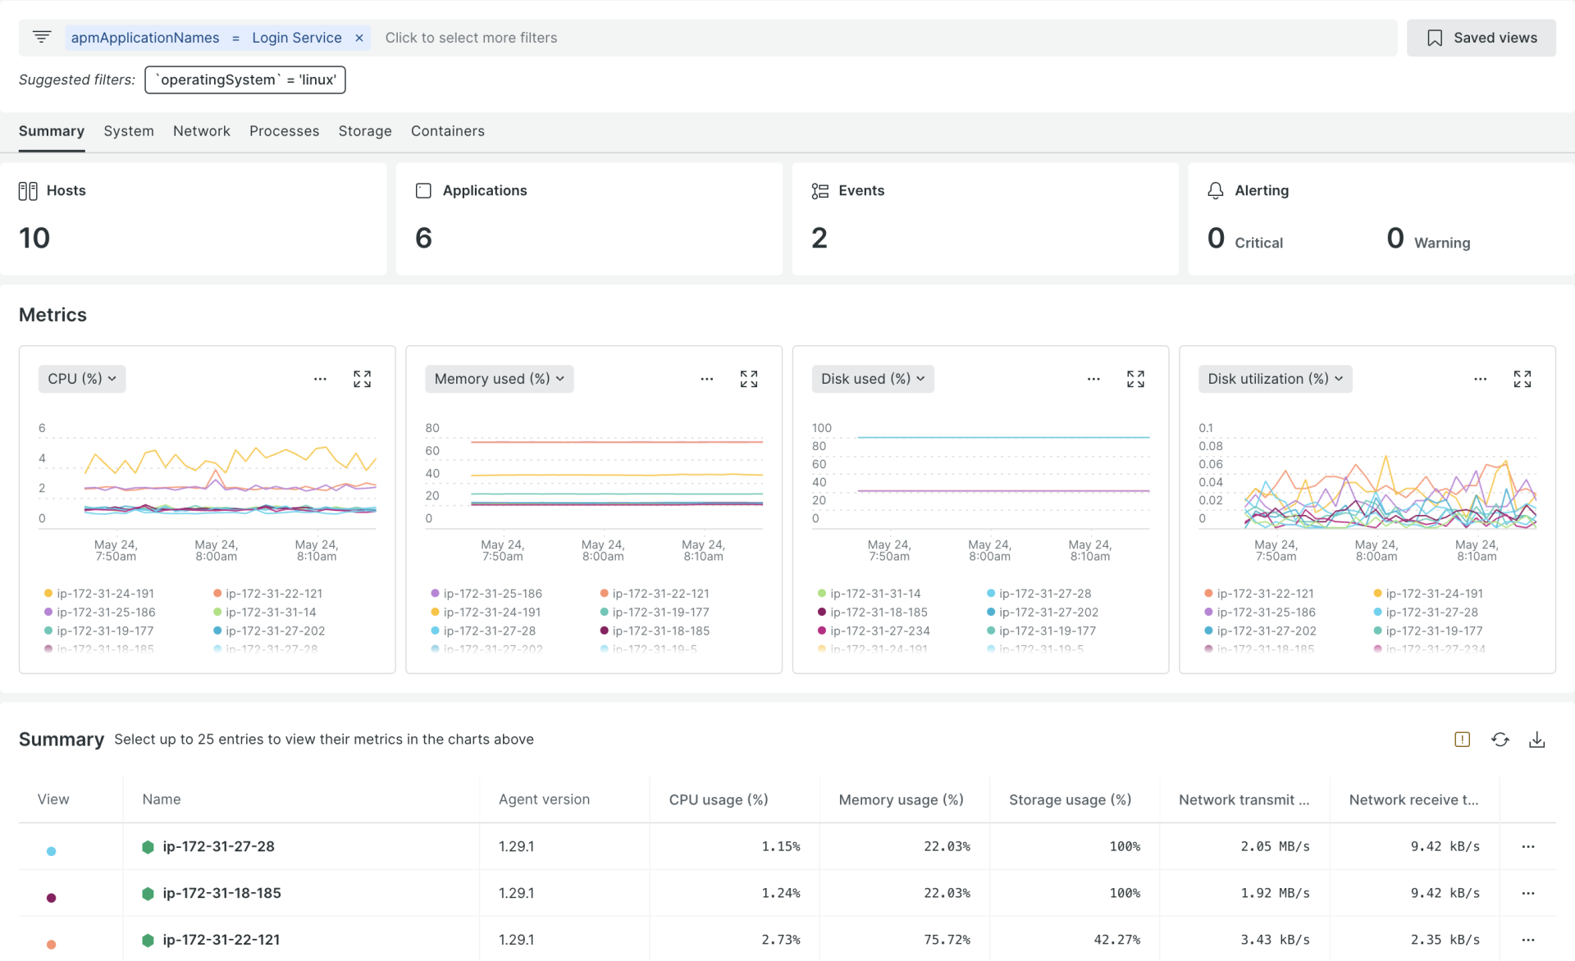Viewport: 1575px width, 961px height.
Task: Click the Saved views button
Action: coord(1481,38)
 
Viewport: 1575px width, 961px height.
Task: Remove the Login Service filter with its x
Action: coord(359,38)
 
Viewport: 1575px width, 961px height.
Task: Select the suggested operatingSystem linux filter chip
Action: coord(245,80)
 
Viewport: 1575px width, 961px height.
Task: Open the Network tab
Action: coord(201,131)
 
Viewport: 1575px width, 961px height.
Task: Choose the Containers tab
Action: coord(447,131)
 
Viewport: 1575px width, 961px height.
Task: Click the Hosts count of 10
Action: coord(34,238)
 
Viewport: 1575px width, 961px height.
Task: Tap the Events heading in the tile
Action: coord(861,190)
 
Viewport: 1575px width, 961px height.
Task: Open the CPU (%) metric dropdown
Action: coord(82,379)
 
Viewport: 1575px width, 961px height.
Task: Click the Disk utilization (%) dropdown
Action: coord(1275,379)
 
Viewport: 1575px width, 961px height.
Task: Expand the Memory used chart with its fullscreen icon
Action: coord(748,379)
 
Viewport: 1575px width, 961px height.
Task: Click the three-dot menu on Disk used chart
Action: coord(1093,379)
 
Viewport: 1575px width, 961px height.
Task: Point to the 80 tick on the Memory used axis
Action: coord(432,428)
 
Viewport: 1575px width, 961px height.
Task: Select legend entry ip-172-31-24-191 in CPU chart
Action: coord(105,594)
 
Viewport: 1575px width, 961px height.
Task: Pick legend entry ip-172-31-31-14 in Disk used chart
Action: coord(874,594)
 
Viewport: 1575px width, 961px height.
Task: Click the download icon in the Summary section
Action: coord(1536,740)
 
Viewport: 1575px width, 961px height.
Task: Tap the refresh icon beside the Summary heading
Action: coord(1500,740)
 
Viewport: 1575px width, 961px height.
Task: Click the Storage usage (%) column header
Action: coord(1070,799)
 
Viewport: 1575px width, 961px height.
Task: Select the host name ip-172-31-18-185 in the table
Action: coord(221,893)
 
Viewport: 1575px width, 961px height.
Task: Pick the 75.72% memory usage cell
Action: coord(947,940)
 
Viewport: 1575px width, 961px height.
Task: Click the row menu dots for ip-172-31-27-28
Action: coord(1527,846)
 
